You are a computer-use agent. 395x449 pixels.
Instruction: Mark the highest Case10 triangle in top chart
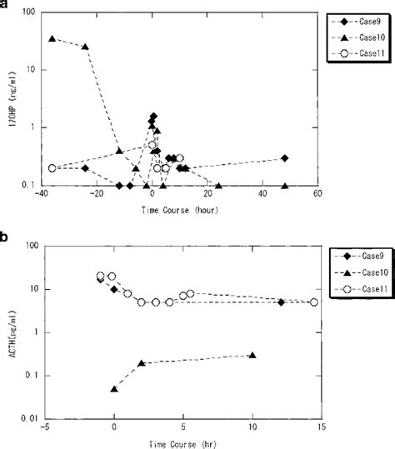(52, 38)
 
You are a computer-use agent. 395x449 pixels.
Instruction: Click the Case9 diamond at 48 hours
(285, 158)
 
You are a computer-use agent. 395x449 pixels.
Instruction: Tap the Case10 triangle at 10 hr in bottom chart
(252, 356)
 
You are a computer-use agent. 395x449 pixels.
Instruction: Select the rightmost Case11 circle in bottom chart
(314, 302)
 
